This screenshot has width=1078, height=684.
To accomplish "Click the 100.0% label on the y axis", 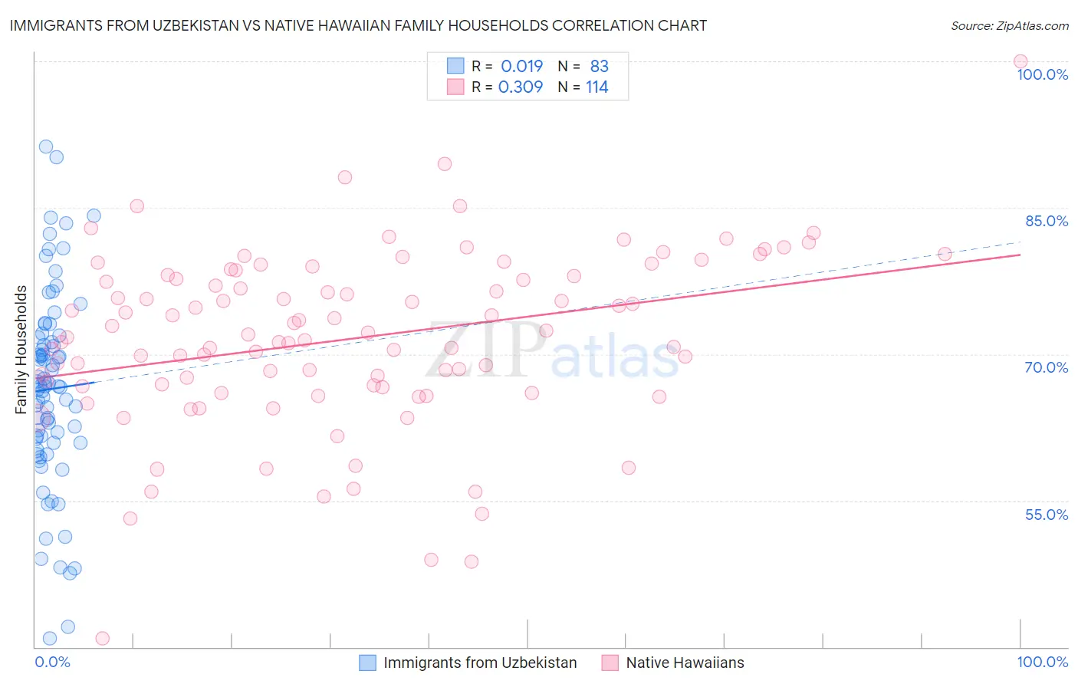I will click(1042, 74).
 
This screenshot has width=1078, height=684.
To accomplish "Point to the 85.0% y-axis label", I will click(1047, 221).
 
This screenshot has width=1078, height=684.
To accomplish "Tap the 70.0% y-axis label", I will click(1047, 367).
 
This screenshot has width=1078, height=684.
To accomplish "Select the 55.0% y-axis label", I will click(1047, 515).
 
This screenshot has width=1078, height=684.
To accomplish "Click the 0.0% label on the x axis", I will click(52, 662).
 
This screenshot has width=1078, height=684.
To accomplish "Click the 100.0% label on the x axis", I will click(1042, 662).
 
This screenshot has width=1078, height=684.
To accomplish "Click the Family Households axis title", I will click(21, 350).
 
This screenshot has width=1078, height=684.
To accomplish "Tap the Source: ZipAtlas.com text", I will click(1009, 26).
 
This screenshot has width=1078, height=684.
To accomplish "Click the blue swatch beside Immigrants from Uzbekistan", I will click(368, 663).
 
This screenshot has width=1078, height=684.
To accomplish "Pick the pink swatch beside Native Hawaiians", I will click(610, 663).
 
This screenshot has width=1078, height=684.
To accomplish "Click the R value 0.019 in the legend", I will click(521, 67).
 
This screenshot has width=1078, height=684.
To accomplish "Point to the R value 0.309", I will click(521, 87).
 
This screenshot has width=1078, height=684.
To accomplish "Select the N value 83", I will click(599, 67).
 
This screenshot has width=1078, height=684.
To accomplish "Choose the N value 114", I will click(597, 87).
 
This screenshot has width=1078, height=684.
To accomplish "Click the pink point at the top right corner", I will click(1020, 61).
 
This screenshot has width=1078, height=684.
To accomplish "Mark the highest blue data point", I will click(46, 146).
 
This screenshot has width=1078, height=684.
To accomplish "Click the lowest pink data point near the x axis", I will click(102, 638).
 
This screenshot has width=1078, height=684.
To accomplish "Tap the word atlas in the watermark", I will click(615, 360).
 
